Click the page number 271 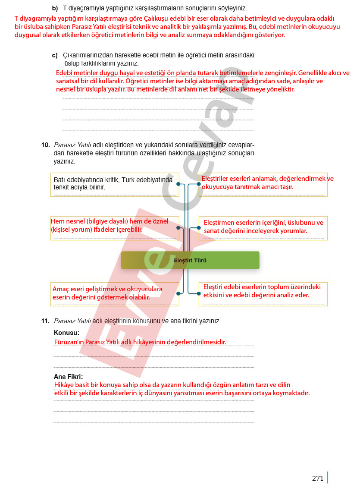[x=317, y=478]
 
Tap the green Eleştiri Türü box [x=190, y=260]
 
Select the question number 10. [x=46, y=145]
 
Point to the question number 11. [x=46, y=321]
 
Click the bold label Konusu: [x=66, y=333]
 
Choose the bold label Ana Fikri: [x=68, y=376]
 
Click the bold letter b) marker [x=55, y=8]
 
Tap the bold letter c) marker [x=55, y=55]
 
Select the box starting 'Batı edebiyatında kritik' [x=114, y=184]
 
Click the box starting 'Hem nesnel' [x=114, y=228]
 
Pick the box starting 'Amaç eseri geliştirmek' [x=114, y=294]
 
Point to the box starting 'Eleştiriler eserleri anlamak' [x=263, y=184]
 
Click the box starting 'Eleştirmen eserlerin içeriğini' [x=263, y=228]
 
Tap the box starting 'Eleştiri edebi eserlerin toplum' [x=263, y=294]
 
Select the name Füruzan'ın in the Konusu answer [x=69, y=342]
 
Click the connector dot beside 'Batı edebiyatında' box [x=178, y=184]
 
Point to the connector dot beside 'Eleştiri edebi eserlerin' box [x=199, y=293]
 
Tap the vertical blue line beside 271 [x=328, y=478]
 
